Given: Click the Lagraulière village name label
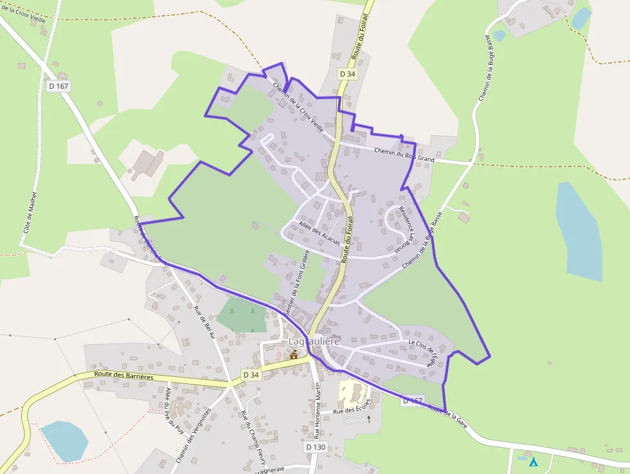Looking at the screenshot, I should click(314, 341).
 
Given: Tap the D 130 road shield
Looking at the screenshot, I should click(316, 446).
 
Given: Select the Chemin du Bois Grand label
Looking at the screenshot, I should click(404, 155).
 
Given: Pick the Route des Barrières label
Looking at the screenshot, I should click(123, 376).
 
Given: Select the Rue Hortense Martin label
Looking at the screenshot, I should click(318, 410).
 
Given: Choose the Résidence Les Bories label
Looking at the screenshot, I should click(404, 229).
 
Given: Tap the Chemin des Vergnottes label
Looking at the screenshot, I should click(194, 435).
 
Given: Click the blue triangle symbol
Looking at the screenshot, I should click(533, 462).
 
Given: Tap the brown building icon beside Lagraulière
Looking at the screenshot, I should click(294, 354).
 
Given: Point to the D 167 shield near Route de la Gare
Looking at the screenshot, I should click(412, 401).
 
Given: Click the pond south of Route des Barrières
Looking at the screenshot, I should click(64, 441).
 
